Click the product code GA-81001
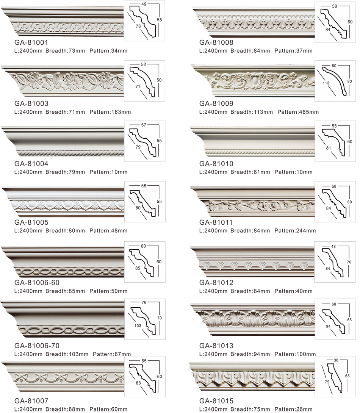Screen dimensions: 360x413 click(x=31, y=42)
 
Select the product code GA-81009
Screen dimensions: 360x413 click(x=216, y=103)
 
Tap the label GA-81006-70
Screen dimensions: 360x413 click(x=37, y=346)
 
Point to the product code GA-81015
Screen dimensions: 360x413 click(x=216, y=401)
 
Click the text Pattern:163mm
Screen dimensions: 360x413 click(x=110, y=112)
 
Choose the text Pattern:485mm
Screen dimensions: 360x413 click(x=298, y=112)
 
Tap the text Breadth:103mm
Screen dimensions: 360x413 click(x=67, y=354)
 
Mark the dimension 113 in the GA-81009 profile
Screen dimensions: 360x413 click(x=326, y=83)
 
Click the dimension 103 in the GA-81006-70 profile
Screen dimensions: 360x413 click(x=138, y=325)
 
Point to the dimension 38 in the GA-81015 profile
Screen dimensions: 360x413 click(x=336, y=360)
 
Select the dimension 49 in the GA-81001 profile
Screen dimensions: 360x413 click(x=144, y=4)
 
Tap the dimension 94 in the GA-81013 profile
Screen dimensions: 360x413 click(x=328, y=326)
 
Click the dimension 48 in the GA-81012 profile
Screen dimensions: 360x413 click(x=333, y=247)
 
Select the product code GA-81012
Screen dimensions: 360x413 click(x=216, y=283)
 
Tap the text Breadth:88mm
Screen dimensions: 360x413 click(x=65, y=409)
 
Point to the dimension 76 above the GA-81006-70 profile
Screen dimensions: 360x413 click(x=144, y=302)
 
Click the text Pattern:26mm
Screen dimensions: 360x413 click(x=294, y=409)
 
